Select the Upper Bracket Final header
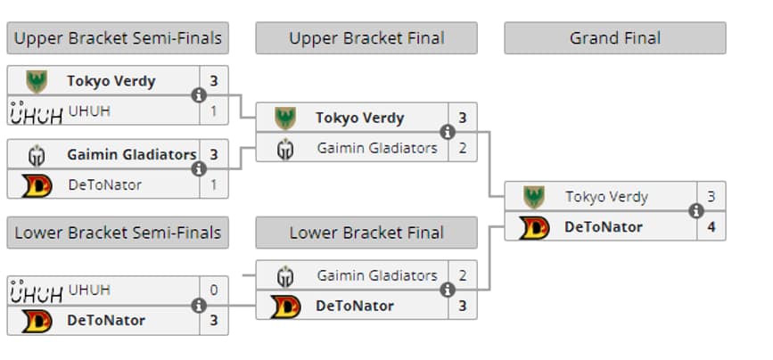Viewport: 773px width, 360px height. pyautogui.click(x=366, y=38)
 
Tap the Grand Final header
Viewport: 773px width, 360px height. pyautogui.click(x=614, y=38)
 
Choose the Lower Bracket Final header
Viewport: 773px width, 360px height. pyautogui.click(x=366, y=233)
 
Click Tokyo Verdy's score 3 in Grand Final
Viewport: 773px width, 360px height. pyautogui.click(x=711, y=196)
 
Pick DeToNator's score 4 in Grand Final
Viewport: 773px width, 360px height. pyautogui.click(x=711, y=226)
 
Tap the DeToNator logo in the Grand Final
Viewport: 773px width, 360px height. pyautogui.click(x=534, y=227)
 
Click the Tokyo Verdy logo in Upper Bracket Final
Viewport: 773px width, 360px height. pyautogui.click(x=285, y=118)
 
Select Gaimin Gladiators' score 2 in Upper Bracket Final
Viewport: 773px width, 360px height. pyautogui.click(x=462, y=148)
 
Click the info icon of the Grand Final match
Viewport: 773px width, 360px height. pyautogui.click(x=695, y=211)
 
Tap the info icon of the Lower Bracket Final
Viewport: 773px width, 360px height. pyautogui.click(x=448, y=290)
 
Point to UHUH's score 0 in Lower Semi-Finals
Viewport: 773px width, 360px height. pyautogui.click(x=213, y=290)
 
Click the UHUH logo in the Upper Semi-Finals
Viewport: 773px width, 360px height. pyautogui.click(x=36, y=111)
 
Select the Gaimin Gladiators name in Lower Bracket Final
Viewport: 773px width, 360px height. pyautogui.click(x=377, y=275)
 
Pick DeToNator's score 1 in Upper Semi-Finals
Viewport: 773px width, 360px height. pyautogui.click(x=213, y=184)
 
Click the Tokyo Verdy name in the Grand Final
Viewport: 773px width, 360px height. pyautogui.click(x=606, y=196)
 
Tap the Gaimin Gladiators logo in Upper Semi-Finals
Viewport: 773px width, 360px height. pyautogui.click(x=37, y=155)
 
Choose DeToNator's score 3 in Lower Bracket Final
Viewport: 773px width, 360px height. pyautogui.click(x=462, y=306)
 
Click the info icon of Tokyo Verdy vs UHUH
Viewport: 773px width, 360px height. pyautogui.click(x=199, y=95)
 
